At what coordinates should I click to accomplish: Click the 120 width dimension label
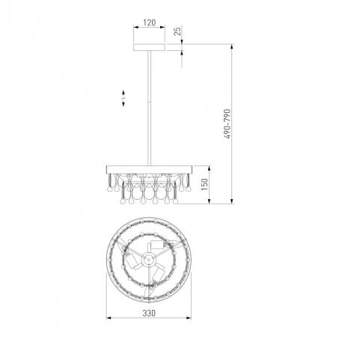149,22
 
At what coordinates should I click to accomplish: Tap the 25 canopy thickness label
177,31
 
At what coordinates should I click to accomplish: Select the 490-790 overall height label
228,123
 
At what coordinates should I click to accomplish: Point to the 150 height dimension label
204,184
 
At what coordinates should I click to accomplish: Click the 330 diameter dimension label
149,313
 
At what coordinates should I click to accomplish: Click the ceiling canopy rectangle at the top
149,47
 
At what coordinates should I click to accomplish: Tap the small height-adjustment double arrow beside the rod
123,99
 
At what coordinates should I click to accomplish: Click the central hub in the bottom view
148,260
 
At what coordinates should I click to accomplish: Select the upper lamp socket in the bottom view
157,245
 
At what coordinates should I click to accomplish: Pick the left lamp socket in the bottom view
130,260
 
